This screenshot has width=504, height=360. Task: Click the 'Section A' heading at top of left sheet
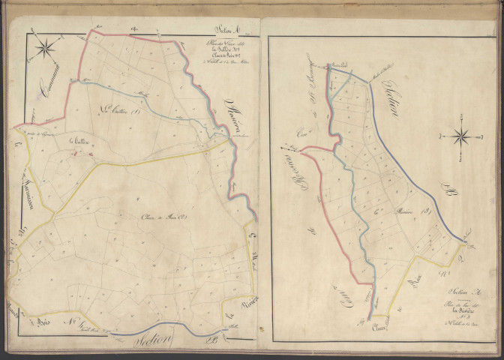point(226,31)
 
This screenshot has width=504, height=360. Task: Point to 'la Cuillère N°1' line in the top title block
point(226,48)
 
